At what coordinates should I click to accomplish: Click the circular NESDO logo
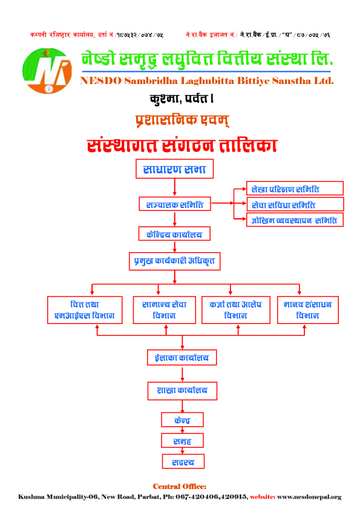pyautogui.click(x=47, y=71)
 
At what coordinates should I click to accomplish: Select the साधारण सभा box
pyautogui.click(x=174, y=169)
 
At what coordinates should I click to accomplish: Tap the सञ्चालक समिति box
pyautogui.click(x=175, y=204)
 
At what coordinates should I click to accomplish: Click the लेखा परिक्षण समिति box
pyautogui.click(x=295, y=189)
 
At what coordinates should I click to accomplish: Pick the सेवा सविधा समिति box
pyautogui.click(x=295, y=204)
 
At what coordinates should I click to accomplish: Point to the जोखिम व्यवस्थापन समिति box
pyautogui.click(x=295, y=220)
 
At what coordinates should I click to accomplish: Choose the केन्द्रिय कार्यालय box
pyautogui.click(x=174, y=234)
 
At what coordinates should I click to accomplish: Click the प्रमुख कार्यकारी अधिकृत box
pyautogui.click(x=174, y=261)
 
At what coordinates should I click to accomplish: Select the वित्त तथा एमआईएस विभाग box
pyautogui.click(x=85, y=310)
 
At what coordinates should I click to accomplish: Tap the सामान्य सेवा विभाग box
pyautogui.click(x=165, y=310)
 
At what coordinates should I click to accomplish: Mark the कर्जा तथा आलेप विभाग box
pyautogui.click(x=236, y=310)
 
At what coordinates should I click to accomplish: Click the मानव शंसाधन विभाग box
pyautogui.click(x=308, y=310)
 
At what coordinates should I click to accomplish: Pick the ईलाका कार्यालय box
pyautogui.click(x=182, y=357)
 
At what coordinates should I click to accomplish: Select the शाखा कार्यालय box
pyautogui.click(x=182, y=391)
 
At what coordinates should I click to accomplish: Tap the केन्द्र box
pyautogui.click(x=182, y=420)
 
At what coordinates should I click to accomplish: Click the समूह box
pyautogui.click(x=182, y=441)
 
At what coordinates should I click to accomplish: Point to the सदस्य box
pyautogui.click(x=183, y=461)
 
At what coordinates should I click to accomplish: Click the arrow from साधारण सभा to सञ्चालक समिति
pyautogui.click(x=174, y=187)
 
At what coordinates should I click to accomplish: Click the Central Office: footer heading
pyautogui.click(x=180, y=486)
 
